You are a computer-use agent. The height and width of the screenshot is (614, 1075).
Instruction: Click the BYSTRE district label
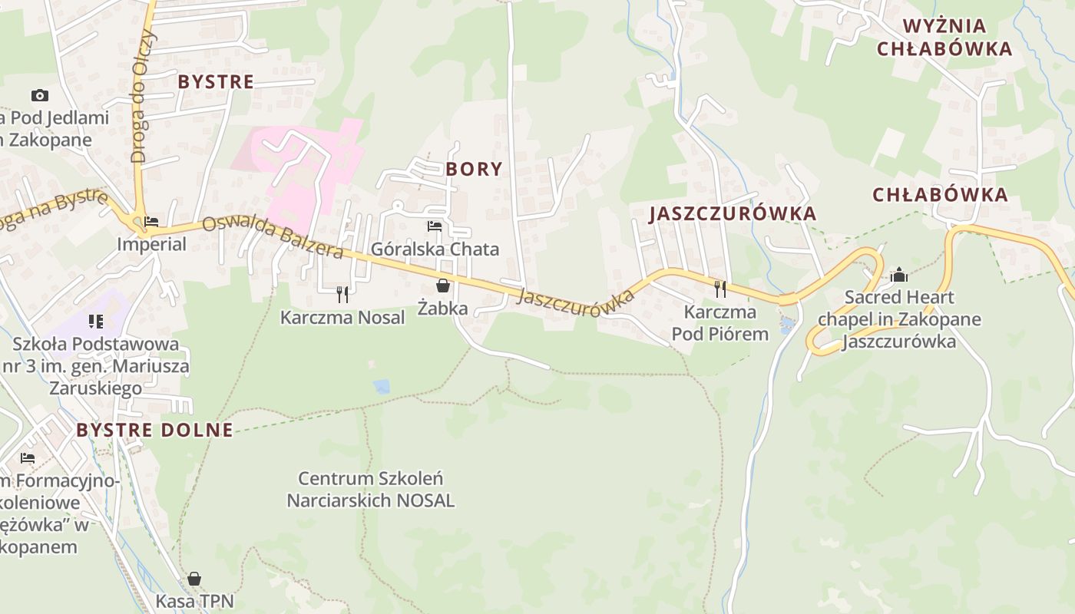(216, 81)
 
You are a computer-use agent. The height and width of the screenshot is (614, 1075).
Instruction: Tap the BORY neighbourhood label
(474, 169)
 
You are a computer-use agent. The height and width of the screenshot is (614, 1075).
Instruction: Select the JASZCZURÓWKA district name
(733, 213)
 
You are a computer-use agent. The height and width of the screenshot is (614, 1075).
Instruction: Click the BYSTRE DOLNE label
(154, 430)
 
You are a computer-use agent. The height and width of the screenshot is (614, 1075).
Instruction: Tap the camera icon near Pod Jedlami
(40, 95)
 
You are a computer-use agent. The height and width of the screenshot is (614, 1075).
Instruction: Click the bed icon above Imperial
(151, 222)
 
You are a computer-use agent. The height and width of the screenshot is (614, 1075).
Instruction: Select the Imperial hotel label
(151, 244)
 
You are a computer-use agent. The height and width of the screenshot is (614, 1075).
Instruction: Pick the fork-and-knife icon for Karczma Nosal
(342, 294)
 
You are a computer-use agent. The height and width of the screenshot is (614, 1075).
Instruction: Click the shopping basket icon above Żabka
(443, 286)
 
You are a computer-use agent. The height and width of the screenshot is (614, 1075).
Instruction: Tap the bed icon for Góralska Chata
(435, 226)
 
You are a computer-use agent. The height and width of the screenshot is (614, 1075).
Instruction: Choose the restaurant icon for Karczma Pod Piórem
(719, 289)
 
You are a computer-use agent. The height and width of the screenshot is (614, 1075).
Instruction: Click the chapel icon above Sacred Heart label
(898, 275)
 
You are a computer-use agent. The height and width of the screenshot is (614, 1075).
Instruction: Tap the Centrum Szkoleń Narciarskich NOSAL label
(370, 490)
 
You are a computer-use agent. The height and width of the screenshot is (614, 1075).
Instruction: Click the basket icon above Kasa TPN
(194, 578)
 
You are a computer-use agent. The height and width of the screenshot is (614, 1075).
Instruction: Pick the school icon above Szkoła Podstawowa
(95, 321)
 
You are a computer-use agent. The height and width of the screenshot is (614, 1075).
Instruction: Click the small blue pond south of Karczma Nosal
(382, 386)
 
